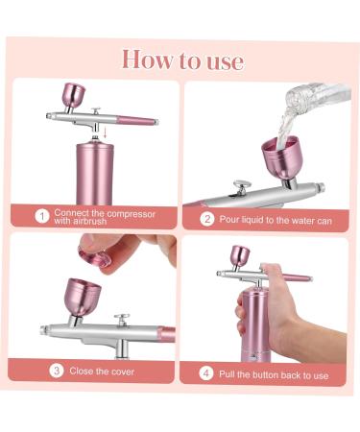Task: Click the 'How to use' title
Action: pyautogui.click(x=181, y=60)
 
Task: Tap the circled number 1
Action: pyautogui.click(x=41, y=216)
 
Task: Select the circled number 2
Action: pyautogui.click(x=206, y=220)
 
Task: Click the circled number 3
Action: pyautogui.click(x=57, y=371)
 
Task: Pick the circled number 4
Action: pyautogui.click(x=205, y=373)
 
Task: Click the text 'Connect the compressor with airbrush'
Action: pyautogui.click(x=104, y=216)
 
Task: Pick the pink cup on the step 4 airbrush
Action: pyautogui.click(x=240, y=255)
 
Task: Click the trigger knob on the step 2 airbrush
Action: pyautogui.click(x=244, y=182)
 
